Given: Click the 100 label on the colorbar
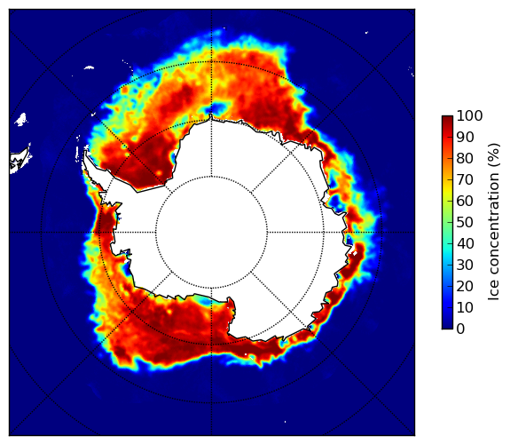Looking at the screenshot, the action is pyautogui.click(x=469, y=115).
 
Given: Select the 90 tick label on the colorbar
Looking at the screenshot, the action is pyautogui.click(x=465, y=137).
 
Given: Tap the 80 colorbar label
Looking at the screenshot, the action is pyautogui.click(x=465, y=158).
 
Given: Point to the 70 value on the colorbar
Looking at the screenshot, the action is pyautogui.click(x=465, y=179).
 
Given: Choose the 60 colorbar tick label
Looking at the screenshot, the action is pyautogui.click(x=465, y=201).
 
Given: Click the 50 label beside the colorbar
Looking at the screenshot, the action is pyautogui.click(x=465, y=223).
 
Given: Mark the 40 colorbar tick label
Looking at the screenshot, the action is pyautogui.click(x=465, y=243).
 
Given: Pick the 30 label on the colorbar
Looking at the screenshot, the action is pyautogui.click(x=465, y=266).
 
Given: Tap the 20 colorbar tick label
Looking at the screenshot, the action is pyautogui.click(x=465, y=286).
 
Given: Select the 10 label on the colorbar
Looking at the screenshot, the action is pyautogui.click(x=465, y=308).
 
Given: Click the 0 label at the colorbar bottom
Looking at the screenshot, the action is pyautogui.click(x=460, y=329).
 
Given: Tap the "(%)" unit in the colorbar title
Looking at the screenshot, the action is pyautogui.click(x=494, y=156).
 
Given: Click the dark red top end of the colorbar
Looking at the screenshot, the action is pyautogui.click(x=447, y=118).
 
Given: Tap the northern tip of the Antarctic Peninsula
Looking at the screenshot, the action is pyautogui.click(x=85, y=150).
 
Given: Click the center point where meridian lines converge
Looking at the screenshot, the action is pyautogui.click(x=211, y=233).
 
